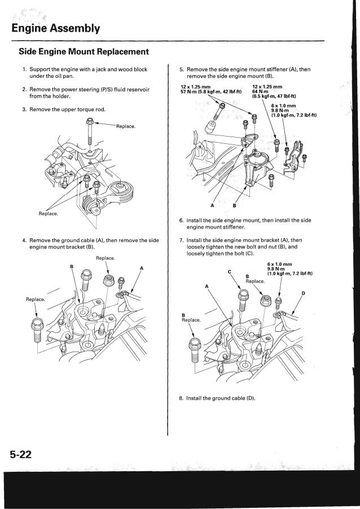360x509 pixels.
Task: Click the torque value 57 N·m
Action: [x=181, y=91]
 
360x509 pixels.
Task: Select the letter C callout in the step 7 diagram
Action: [x=230, y=273]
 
